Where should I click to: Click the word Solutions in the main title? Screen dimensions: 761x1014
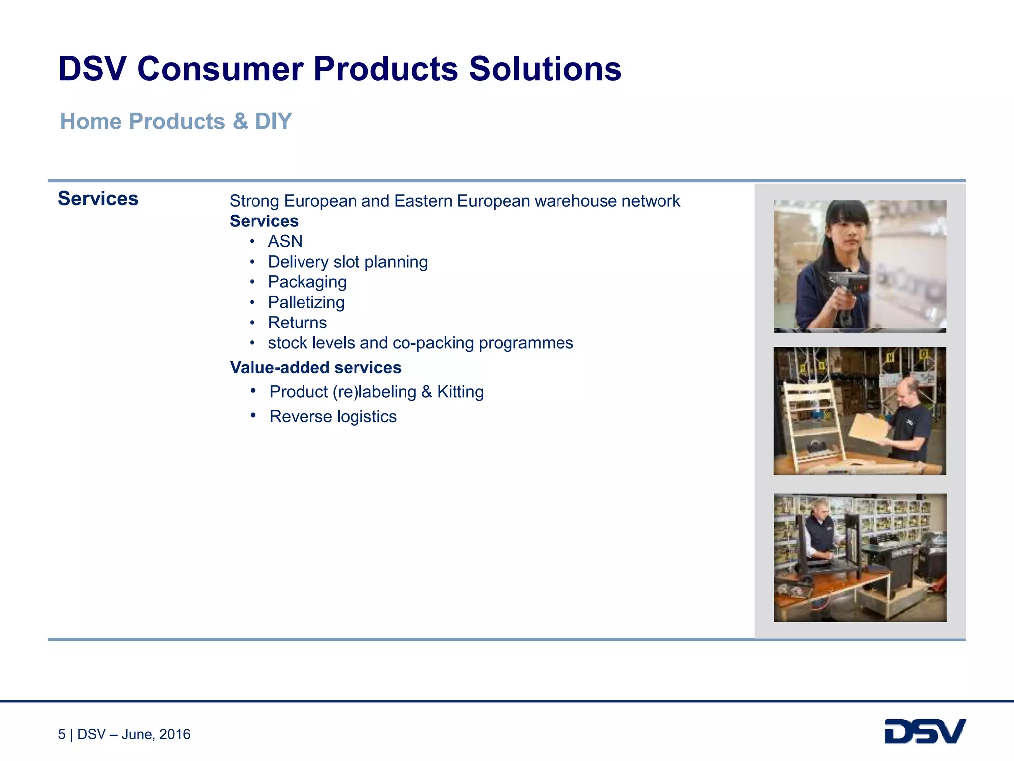pyautogui.click(x=545, y=69)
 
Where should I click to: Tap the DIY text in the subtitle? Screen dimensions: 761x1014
pyautogui.click(x=273, y=121)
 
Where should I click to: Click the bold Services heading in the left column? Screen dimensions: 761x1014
pyautogui.click(x=98, y=199)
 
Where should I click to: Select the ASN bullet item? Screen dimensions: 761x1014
pyautogui.click(x=285, y=241)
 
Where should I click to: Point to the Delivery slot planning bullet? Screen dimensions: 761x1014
pyautogui.click(x=348, y=262)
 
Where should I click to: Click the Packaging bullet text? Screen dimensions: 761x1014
pyautogui.click(x=307, y=282)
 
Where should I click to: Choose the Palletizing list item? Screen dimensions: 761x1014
pyautogui.click(x=306, y=302)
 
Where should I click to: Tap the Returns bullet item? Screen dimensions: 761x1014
pyautogui.click(x=297, y=323)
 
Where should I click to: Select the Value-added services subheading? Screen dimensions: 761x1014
pyautogui.click(x=315, y=368)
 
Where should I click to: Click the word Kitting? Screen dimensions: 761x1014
pyautogui.click(x=460, y=392)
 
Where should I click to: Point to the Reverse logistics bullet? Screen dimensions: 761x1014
pyautogui.click(x=333, y=417)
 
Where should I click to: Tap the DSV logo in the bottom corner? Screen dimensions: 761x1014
pyautogui.click(x=925, y=731)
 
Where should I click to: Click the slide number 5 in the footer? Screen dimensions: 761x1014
pyautogui.click(x=62, y=734)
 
